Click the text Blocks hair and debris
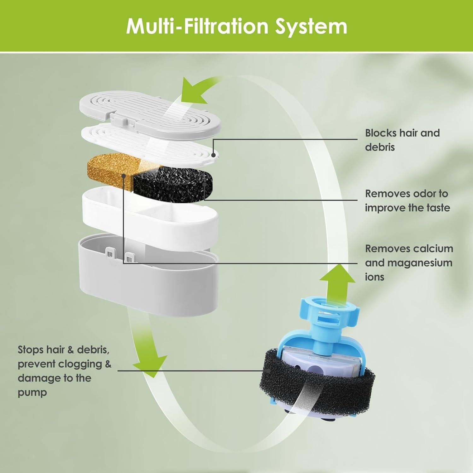(x=402, y=140)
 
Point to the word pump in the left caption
(x=32, y=393)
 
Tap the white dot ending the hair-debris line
(x=213, y=155)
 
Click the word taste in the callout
(x=435, y=208)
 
